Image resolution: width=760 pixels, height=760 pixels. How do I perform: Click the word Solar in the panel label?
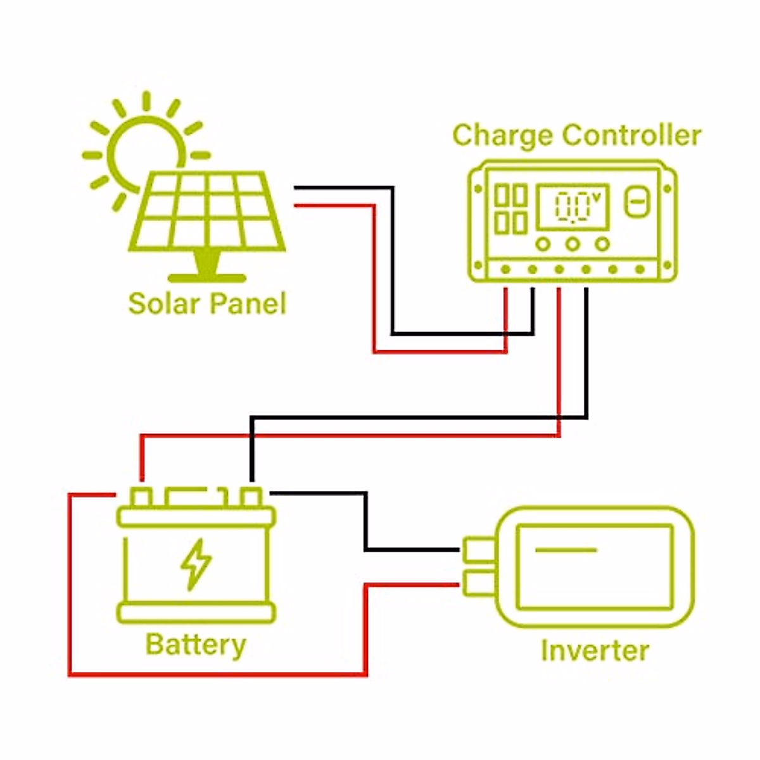pos(164,303)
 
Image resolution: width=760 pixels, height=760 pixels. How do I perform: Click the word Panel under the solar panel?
pos(248,303)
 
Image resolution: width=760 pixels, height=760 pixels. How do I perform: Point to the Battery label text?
pos(196,645)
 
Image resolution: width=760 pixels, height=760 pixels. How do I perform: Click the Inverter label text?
pos(595,650)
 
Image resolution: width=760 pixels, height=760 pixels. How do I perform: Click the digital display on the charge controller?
pos(573,207)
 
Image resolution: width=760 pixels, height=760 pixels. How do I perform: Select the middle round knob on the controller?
pos(573,244)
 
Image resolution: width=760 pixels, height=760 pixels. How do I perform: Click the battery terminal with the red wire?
pos(141,497)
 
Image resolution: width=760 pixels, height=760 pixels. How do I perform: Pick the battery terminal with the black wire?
pos(251,497)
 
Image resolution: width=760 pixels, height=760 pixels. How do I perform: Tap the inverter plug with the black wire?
pos(479,549)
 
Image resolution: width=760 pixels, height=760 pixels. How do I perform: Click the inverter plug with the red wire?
pos(479,583)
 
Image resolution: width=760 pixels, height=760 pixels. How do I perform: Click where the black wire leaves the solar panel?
pos(295,187)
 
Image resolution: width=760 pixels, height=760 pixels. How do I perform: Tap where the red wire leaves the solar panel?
pos(296,205)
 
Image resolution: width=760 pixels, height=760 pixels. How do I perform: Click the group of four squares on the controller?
pos(510,209)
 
